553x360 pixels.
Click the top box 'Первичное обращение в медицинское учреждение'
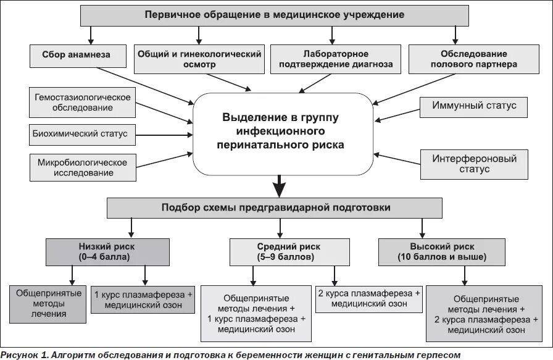275,14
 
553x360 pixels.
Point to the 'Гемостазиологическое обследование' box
83,103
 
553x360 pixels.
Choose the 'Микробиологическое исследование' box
83,167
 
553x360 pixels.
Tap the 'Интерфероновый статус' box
474,164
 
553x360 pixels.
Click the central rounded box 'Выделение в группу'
280,130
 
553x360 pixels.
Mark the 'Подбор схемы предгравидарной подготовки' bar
275,208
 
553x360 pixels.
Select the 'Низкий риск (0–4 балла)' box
107,251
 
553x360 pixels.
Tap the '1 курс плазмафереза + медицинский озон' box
143,299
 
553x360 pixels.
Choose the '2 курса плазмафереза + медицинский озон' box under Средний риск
369,298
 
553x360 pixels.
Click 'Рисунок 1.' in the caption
25,354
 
